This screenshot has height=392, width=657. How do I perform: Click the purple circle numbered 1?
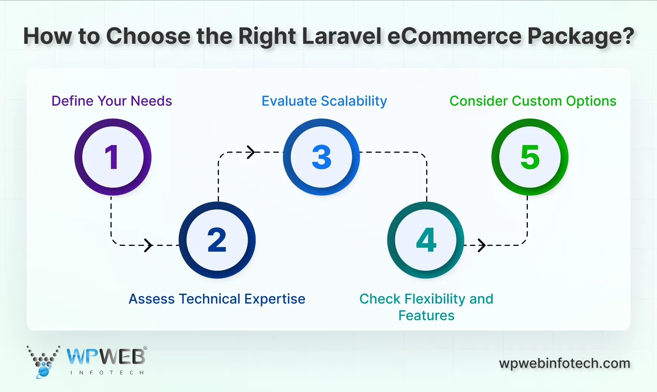[113, 157]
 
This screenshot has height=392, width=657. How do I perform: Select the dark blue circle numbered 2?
[217, 240]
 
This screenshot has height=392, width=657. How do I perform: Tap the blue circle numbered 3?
[321, 157]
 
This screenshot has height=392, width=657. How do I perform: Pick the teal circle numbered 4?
[426, 240]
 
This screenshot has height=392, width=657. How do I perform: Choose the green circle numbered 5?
[530, 157]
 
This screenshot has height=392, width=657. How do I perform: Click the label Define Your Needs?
[112, 101]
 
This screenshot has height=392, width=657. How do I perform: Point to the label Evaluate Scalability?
[324, 101]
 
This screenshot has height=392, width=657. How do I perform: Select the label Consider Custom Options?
[533, 101]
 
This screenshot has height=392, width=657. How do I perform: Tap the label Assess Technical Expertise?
[217, 299]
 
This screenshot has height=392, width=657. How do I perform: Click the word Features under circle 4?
[426, 316]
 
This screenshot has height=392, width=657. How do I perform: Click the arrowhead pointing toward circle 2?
[148, 245]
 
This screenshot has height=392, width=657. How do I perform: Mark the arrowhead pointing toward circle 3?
[251, 152]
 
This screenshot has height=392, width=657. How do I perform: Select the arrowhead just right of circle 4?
[481, 245]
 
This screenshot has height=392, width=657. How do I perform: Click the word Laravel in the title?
[342, 36]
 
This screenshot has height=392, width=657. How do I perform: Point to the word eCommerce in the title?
[454, 36]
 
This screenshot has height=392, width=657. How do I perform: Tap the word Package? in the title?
[580, 36]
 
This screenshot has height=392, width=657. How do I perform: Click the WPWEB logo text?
[106, 357]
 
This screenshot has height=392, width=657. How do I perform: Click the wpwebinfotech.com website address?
[564, 363]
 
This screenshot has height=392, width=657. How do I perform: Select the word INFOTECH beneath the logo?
[107, 373]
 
